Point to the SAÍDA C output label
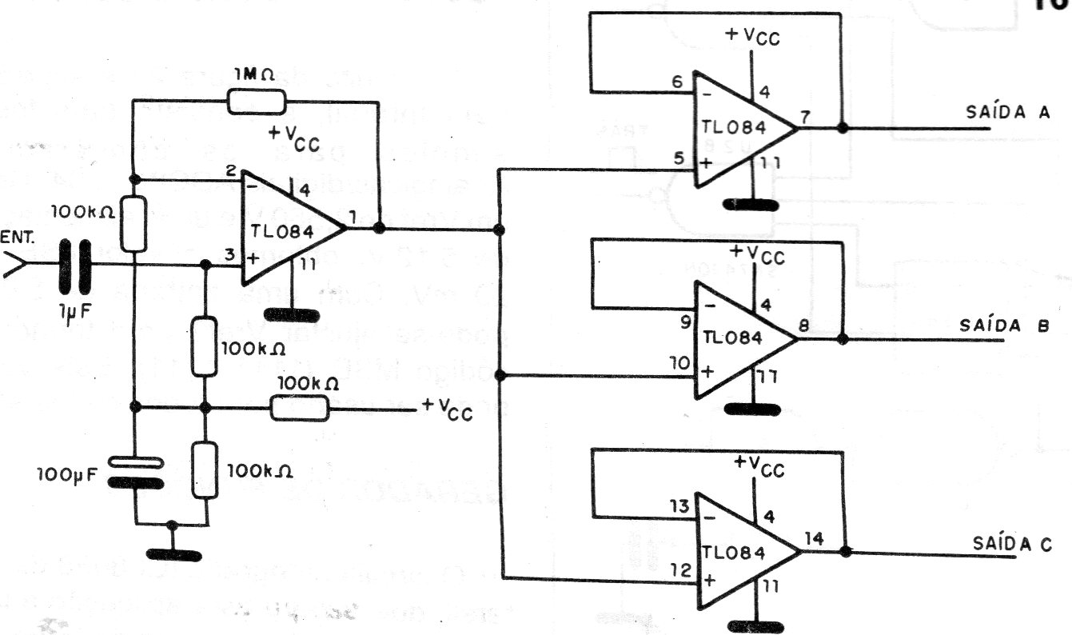pos(1012,544)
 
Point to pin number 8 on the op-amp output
pos(804,326)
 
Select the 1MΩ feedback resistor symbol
pos(254,102)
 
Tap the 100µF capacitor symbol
pos(135,473)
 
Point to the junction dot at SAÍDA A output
pos(842,128)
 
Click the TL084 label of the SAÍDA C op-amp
pos(734,553)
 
